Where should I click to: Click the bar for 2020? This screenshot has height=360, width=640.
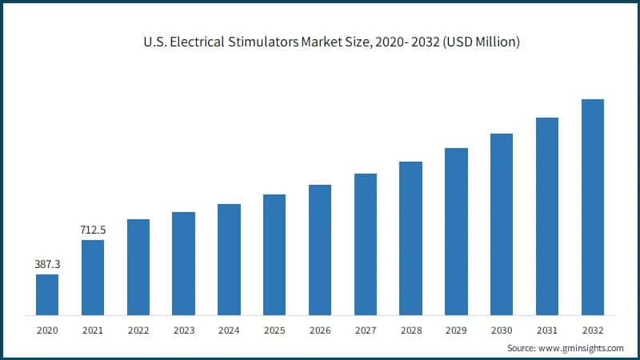coord(47,294)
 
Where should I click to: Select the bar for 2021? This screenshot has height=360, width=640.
coord(93,277)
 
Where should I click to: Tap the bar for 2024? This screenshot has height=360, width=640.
coord(229,259)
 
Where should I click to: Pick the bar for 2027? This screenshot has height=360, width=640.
coord(366,244)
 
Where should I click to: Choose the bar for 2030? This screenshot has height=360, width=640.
coord(502,224)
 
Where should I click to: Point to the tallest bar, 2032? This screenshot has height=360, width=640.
coord(593,206)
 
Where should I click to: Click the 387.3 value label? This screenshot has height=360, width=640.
coord(47,263)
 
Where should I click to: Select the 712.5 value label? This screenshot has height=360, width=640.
coord(93,230)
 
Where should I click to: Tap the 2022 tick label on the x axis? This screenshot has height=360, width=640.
coord(138,330)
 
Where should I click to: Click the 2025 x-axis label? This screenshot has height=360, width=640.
coord(274,330)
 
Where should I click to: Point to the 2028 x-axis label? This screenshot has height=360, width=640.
coord(410,330)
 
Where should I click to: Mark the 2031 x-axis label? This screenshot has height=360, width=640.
coord(547,330)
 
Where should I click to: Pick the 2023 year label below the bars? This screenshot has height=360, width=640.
coord(184,330)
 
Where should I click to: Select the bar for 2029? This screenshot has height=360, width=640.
coord(456,231)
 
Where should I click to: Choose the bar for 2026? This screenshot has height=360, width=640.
coord(320,250)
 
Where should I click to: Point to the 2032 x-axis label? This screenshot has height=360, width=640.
coord(593,330)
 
